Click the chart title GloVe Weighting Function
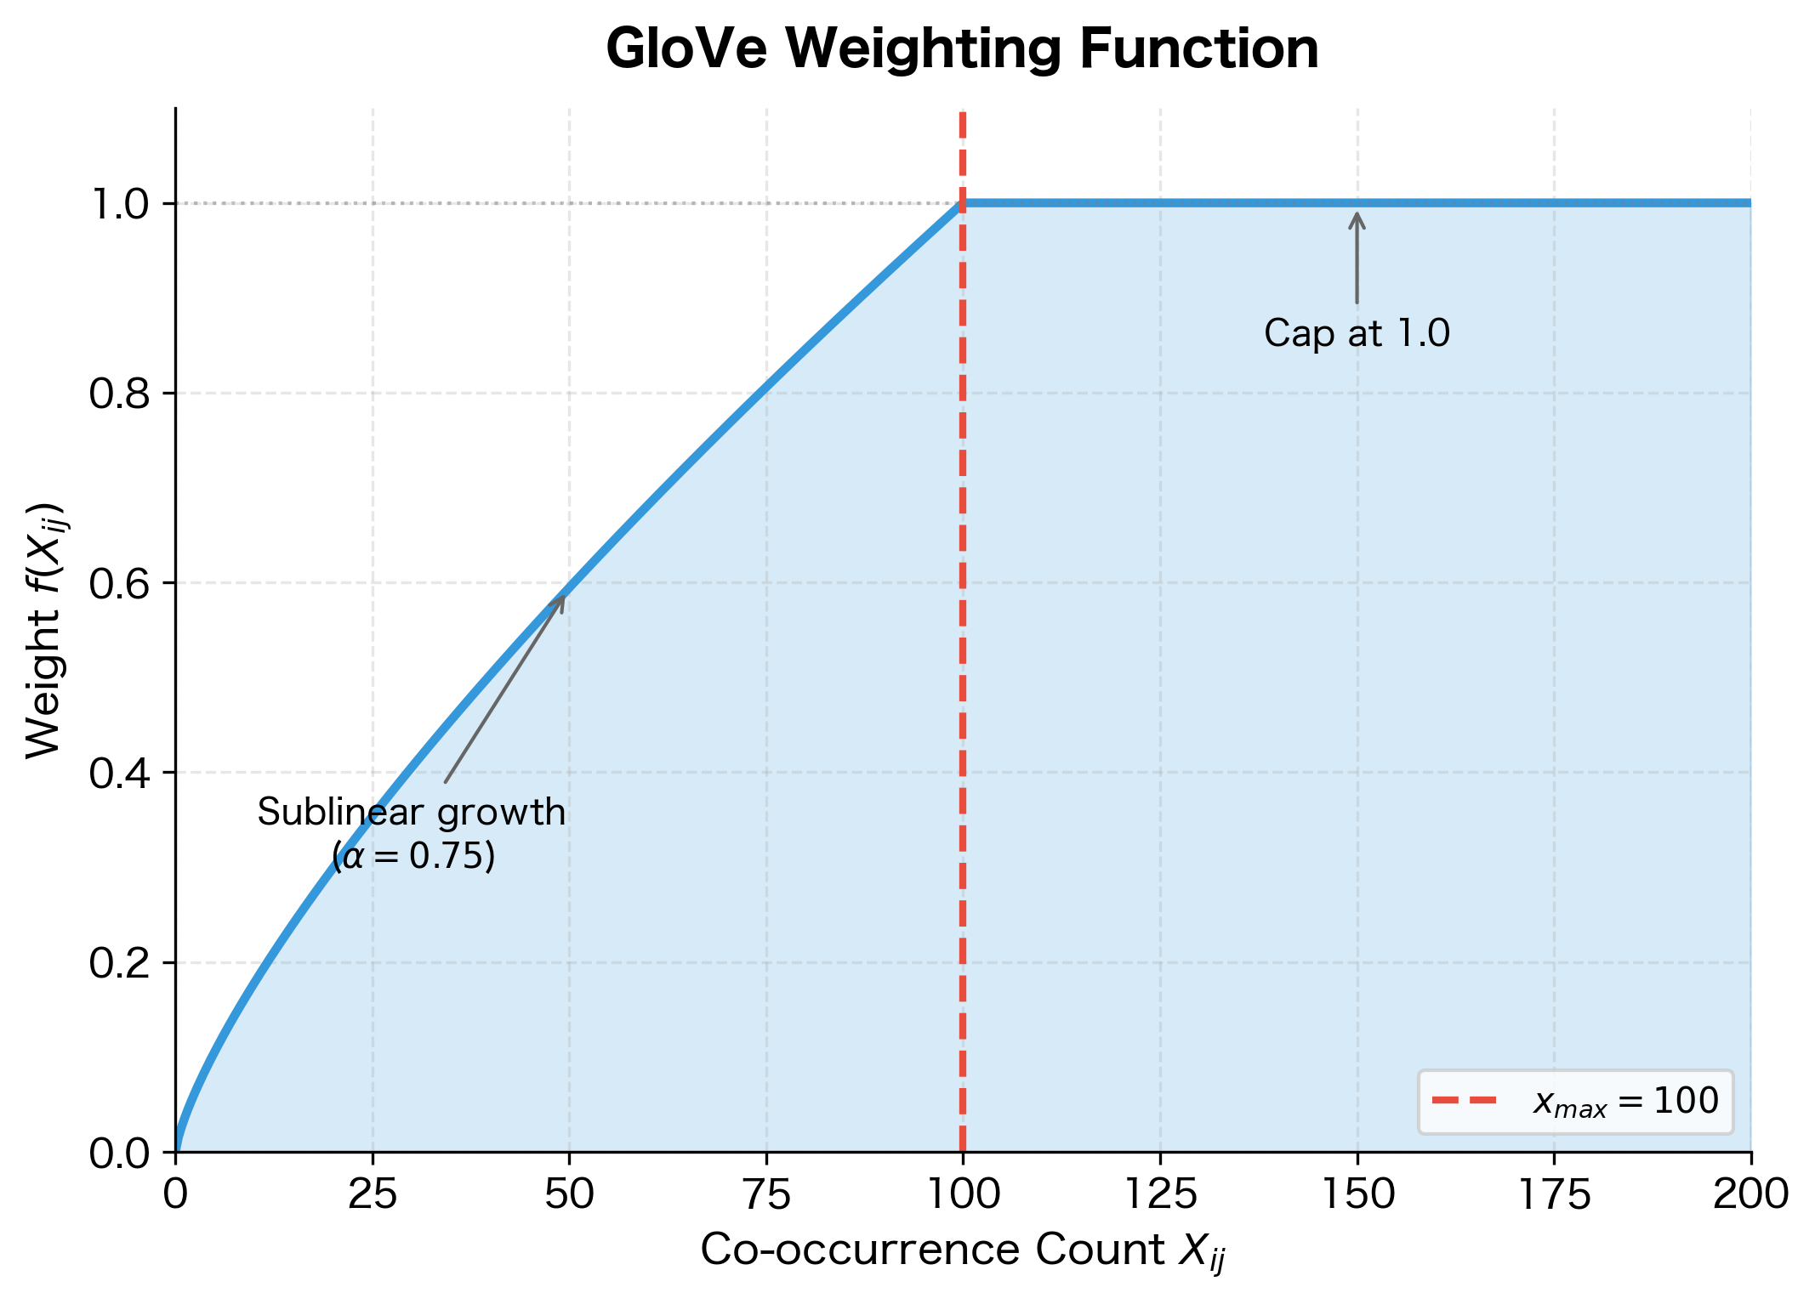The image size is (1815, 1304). click(962, 49)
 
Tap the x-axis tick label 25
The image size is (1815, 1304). click(373, 1195)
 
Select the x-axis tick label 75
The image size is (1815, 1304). click(766, 1195)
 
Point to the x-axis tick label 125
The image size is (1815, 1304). click(1160, 1195)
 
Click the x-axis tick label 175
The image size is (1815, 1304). click(1554, 1195)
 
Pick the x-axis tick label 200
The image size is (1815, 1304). click(1750, 1195)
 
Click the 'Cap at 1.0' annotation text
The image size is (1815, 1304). click(1357, 333)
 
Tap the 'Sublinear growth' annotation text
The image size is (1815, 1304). click(412, 813)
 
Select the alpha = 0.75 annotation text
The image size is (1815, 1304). click(413, 856)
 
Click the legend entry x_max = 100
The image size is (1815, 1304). click(1625, 1102)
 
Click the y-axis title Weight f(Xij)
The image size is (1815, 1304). click(44, 630)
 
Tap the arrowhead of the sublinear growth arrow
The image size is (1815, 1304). click(561, 598)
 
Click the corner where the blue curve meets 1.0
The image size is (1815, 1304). click(962, 203)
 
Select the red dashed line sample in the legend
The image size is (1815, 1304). click(1464, 1101)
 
